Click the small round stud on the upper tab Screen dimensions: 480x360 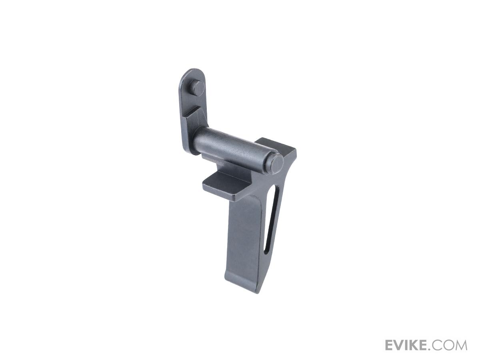[198, 88]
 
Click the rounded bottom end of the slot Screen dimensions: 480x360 [266, 252]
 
